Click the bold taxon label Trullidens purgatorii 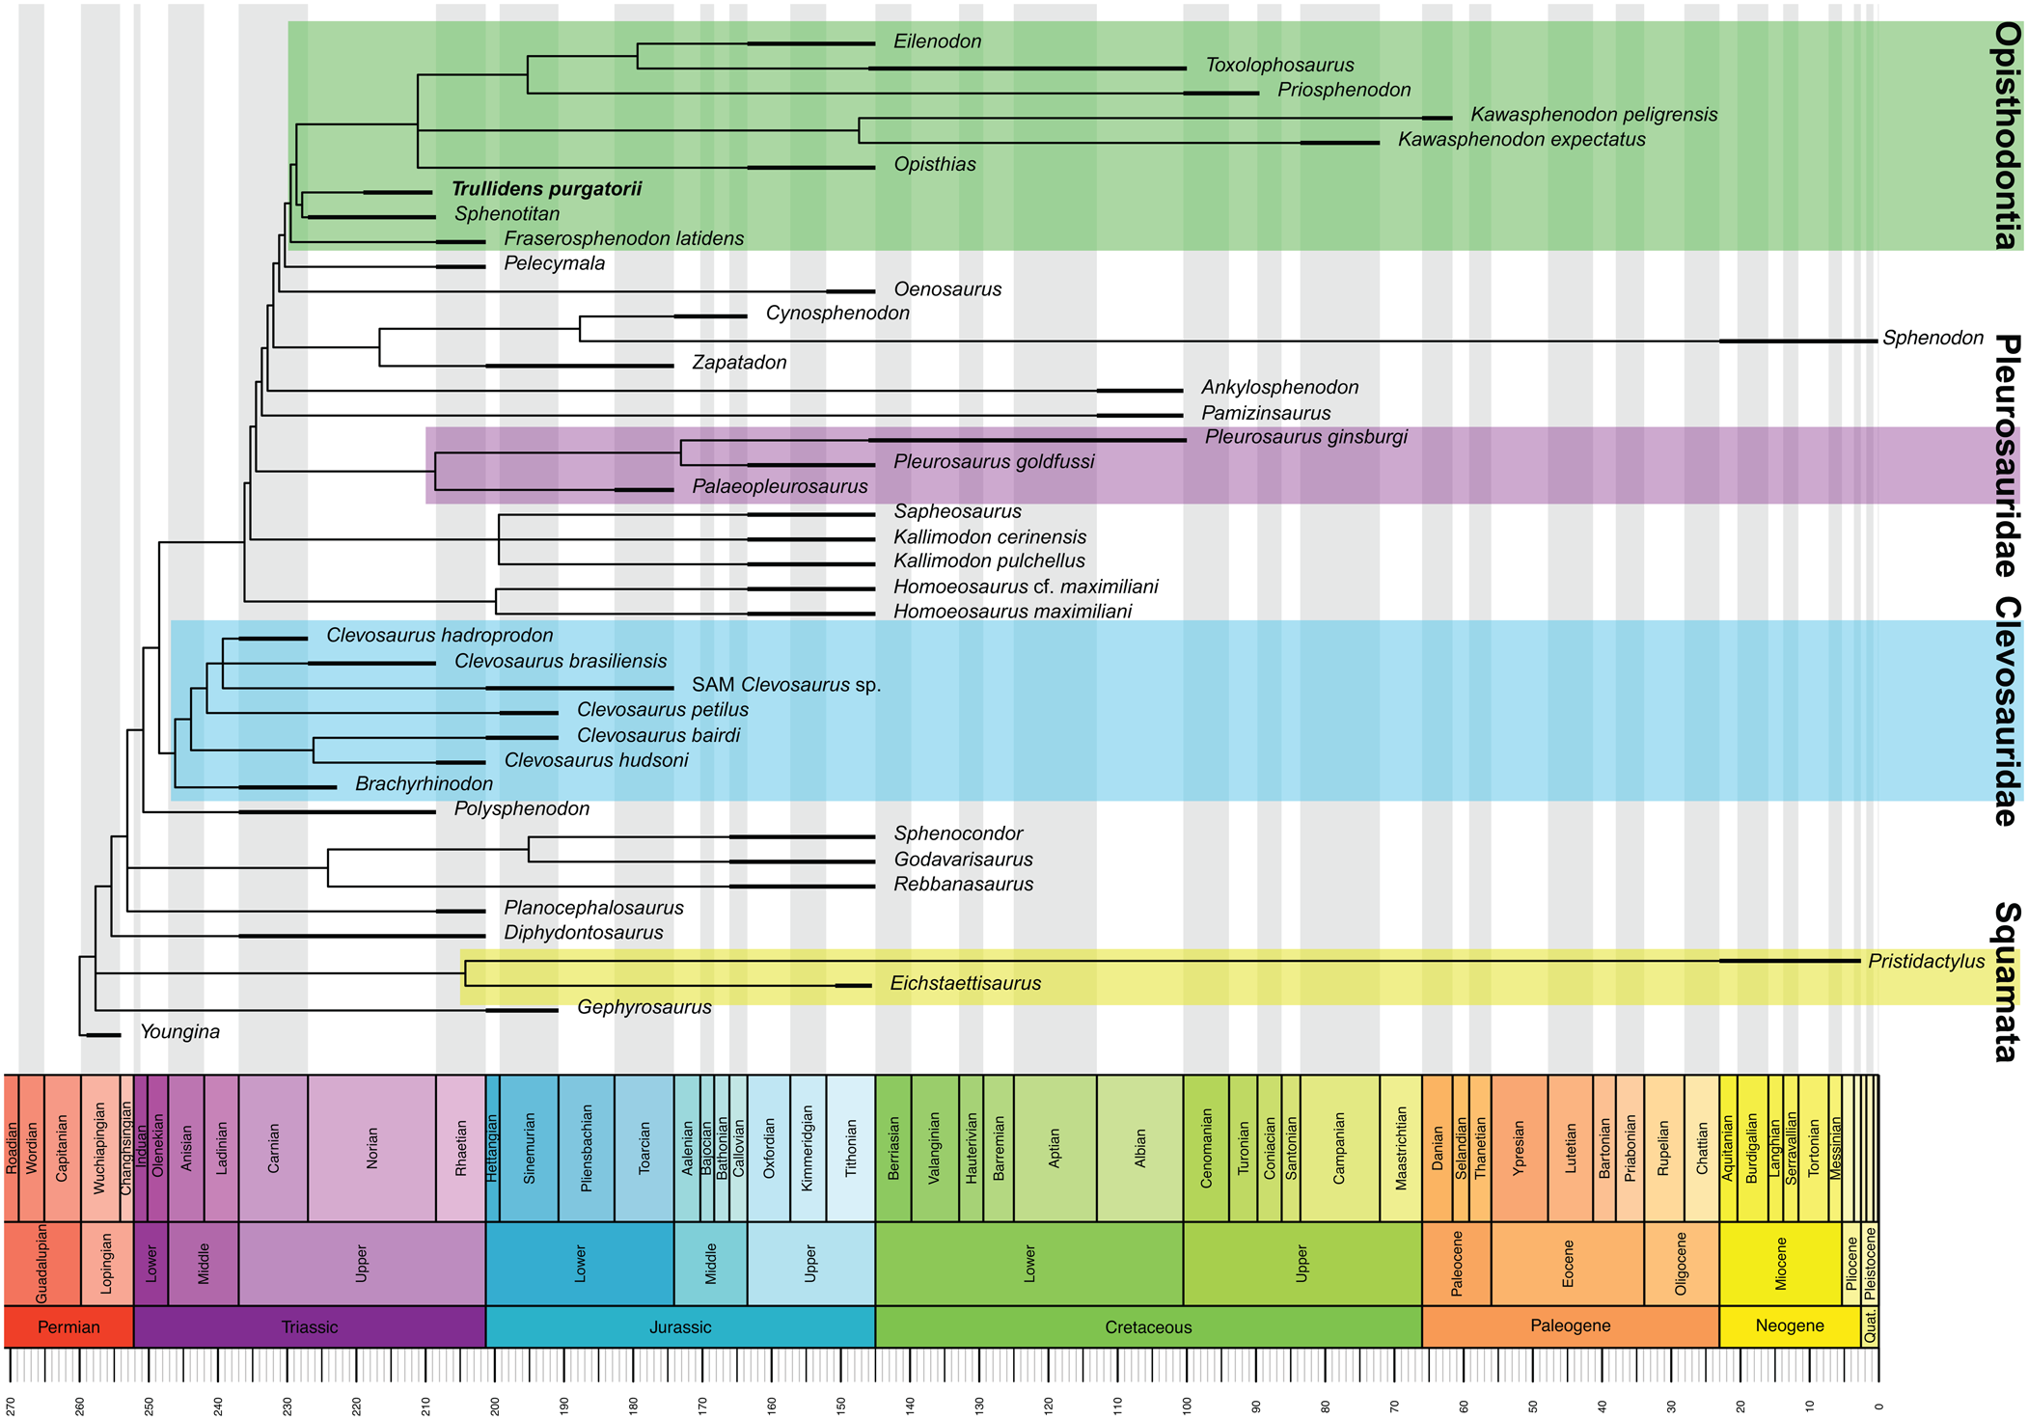(x=546, y=189)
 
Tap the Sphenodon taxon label (x=1932, y=339)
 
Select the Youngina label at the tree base (x=179, y=1032)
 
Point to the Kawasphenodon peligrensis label (x=1593, y=115)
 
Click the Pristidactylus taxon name (x=1926, y=961)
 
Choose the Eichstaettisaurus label (x=965, y=984)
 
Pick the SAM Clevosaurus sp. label (x=786, y=685)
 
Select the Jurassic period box (x=679, y=1327)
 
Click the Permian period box (x=69, y=1327)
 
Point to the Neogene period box (x=1789, y=1326)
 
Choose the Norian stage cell (x=371, y=1148)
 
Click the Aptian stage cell (x=1055, y=1148)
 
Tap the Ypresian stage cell (x=1519, y=1148)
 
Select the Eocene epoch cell (x=1567, y=1264)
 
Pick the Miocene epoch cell (x=1780, y=1264)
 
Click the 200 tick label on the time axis (x=495, y=1406)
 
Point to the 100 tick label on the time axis (x=1187, y=1406)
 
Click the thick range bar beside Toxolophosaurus (x=1027, y=68)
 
